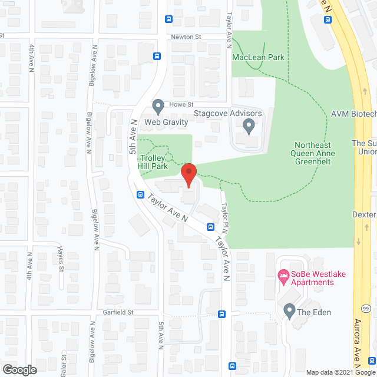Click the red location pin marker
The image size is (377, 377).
point(188,176)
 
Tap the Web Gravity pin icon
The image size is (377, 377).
point(158,107)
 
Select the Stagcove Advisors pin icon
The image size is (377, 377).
point(249,125)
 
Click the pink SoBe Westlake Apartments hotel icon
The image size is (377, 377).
point(283,275)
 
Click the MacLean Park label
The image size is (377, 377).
point(258,57)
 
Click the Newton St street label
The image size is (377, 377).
point(186,36)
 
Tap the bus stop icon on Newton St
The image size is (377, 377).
point(157,57)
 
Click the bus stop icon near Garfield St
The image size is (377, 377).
point(221,314)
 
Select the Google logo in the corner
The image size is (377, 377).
point(19,370)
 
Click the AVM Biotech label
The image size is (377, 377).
point(353,114)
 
